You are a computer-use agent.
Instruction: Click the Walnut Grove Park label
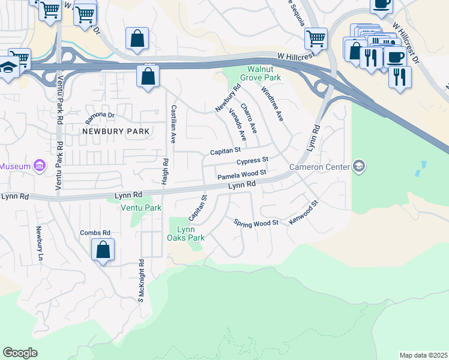point(260,73)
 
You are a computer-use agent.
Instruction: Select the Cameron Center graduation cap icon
point(358,166)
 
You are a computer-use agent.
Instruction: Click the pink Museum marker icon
point(40,166)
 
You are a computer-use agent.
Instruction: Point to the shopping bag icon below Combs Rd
point(103,250)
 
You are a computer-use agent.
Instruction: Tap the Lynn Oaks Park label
point(187,233)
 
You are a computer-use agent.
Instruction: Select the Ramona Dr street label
point(100,115)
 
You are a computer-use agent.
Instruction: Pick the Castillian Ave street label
point(173,124)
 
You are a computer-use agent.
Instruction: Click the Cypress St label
point(252,161)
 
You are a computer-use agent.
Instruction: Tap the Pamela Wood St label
point(241,175)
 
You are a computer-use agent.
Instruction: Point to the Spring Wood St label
point(256,223)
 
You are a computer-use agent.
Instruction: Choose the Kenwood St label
point(303,213)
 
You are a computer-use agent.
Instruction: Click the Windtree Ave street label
point(271,103)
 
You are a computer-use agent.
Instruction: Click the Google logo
point(20,353)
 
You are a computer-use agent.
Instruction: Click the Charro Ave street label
point(249,118)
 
